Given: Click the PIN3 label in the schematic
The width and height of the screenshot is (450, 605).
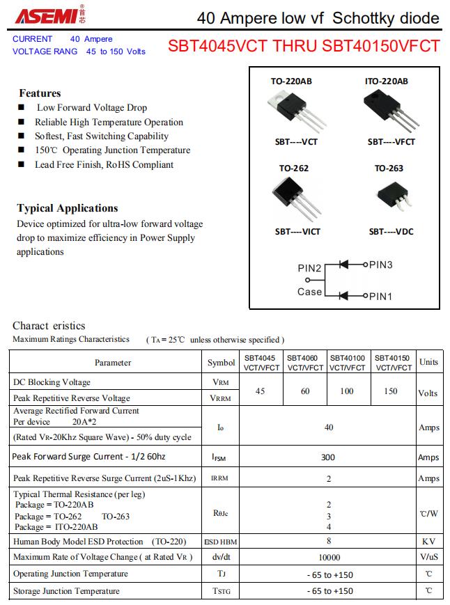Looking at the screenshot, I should (x=381, y=265).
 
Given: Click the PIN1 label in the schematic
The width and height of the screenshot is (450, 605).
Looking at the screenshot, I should (x=381, y=296).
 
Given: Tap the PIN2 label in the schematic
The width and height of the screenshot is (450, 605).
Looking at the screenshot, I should (x=309, y=268).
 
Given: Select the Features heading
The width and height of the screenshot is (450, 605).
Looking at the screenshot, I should (x=40, y=93).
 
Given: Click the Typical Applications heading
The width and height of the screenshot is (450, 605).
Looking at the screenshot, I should (x=68, y=208).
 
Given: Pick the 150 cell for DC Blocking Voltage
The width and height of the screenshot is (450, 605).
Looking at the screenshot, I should (x=391, y=391).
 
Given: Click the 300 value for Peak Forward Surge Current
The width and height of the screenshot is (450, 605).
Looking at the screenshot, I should (x=328, y=457).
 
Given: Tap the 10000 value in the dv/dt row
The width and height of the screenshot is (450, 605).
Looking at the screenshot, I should (x=329, y=557).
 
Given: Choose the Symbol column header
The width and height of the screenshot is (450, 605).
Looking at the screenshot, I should (x=222, y=363).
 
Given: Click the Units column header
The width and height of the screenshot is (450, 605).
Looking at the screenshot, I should (x=429, y=362).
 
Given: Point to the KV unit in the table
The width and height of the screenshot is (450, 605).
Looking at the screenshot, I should (x=428, y=541).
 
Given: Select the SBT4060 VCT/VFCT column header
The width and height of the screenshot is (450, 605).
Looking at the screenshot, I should (x=305, y=363).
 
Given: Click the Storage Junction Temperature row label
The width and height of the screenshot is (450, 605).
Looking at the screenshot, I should (x=66, y=591).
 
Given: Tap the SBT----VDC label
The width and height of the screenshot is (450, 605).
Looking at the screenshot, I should (x=391, y=232).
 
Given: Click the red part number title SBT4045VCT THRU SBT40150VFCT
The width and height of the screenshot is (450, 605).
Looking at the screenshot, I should (x=304, y=46).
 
